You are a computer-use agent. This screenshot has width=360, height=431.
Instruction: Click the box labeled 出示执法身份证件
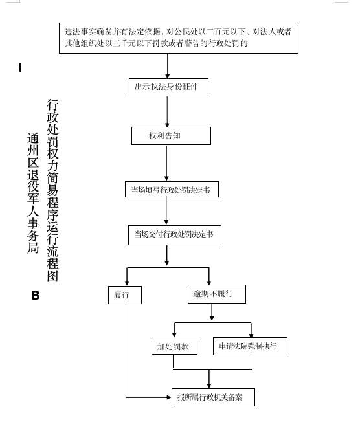pos(168,87)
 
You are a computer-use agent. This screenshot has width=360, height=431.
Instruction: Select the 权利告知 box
pos(171,136)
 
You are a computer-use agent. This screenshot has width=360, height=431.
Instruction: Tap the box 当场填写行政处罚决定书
pos(172,190)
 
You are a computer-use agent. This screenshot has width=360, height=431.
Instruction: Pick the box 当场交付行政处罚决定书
pos(175,235)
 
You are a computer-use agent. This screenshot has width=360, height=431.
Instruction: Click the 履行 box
pos(125,295)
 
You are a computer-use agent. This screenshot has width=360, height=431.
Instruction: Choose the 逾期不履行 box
pos(217,294)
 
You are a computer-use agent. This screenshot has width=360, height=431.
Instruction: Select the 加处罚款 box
pos(174,346)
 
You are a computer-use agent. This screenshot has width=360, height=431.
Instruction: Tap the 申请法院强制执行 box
pos(251,346)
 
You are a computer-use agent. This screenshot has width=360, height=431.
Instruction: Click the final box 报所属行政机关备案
pos(213,397)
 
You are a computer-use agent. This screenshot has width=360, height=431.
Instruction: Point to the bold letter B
pos(36,295)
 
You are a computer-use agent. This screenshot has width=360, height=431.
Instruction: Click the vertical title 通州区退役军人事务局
pos(33,193)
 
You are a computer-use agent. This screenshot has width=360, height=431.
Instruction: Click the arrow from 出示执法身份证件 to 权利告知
pos(167,111)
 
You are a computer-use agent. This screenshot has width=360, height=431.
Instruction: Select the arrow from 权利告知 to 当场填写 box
pos(166,162)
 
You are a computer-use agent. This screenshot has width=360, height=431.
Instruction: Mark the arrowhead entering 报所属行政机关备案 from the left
pos(169,397)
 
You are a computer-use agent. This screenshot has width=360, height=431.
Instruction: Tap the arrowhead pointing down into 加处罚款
pos(174,335)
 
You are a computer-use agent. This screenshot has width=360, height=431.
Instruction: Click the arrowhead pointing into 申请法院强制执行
pos(251,334)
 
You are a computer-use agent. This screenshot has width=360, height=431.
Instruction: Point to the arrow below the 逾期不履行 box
pos(212,312)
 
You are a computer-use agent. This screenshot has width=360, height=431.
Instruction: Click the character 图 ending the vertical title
pos(52,276)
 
